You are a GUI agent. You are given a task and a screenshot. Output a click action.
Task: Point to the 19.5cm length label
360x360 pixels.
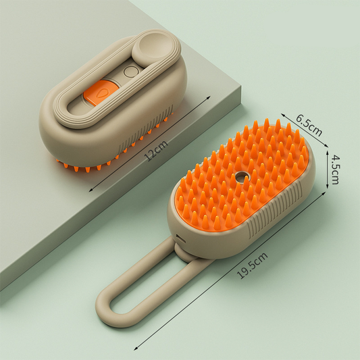[255, 265]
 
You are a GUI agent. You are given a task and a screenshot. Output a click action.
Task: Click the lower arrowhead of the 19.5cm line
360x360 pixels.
[136, 349]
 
